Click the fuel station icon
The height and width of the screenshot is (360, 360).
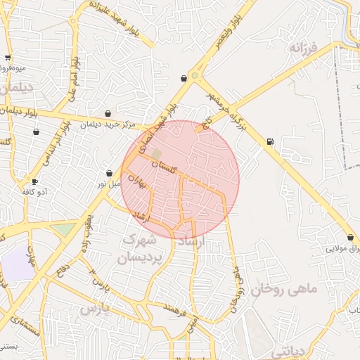pyautogui.click(x=270, y=143)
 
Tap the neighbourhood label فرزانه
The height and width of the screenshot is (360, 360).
pyautogui.click(x=304, y=49)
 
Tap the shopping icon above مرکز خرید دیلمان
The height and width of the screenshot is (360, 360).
pyautogui.click(x=108, y=113)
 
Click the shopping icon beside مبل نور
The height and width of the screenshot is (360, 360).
pyautogui.click(x=110, y=173)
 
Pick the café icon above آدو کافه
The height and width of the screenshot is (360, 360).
pyautogui.click(x=34, y=181)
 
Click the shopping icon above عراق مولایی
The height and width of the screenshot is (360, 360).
pyautogui.click(x=350, y=237)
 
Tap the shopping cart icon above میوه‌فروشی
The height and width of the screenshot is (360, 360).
pyautogui.click(x=8, y=58)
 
